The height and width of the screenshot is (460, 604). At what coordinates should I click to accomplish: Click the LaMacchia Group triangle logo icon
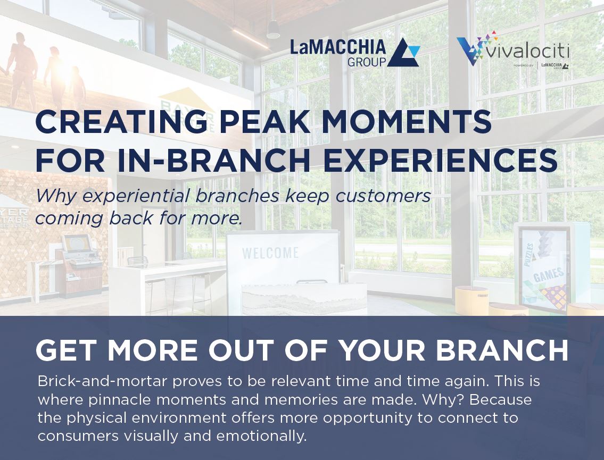pos(403,53)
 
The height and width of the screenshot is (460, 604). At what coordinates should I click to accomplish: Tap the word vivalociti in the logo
pos(528,52)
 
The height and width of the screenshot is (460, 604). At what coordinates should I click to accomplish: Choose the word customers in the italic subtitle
pos(383,196)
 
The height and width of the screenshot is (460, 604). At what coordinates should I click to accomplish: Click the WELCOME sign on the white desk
pos(270,253)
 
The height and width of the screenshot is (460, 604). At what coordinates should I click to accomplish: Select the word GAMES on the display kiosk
pos(549,274)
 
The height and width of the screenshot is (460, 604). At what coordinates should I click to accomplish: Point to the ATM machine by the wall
pos(79,265)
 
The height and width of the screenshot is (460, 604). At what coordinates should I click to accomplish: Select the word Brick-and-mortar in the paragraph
pos(103,381)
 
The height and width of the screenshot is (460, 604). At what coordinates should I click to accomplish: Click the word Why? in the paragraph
pos(443,399)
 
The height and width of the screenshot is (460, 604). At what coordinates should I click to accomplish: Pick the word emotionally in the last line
pos(261,436)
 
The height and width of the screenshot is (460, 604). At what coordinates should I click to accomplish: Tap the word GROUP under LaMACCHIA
pos(366,62)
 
